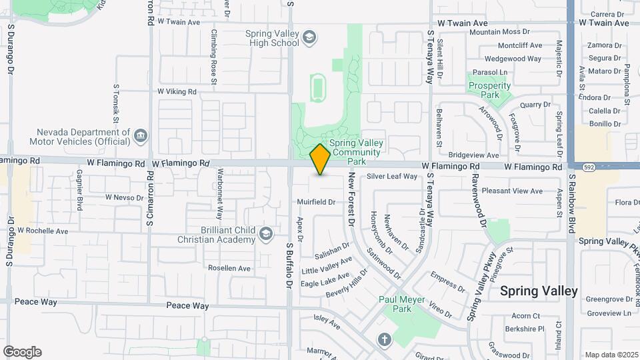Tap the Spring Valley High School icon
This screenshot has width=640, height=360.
click(x=309, y=37)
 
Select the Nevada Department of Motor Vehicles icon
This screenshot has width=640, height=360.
click(x=141, y=137)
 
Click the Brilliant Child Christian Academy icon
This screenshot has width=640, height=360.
click(x=265, y=233)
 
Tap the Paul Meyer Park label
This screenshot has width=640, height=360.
click(x=402, y=304)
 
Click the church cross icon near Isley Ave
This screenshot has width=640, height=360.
click(x=384, y=339)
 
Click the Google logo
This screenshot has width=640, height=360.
click(x=22, y=352)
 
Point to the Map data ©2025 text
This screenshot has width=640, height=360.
click(x=611, y=355)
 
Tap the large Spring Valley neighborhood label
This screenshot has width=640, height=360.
click(x=539, y=291)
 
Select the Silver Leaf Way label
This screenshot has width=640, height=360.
click(x=392, y=177)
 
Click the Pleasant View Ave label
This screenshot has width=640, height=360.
click(x=512, y=191)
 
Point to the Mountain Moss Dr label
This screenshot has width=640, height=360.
click(x=499, y=32)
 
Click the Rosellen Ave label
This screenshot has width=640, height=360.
click(x=229, y=268)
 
